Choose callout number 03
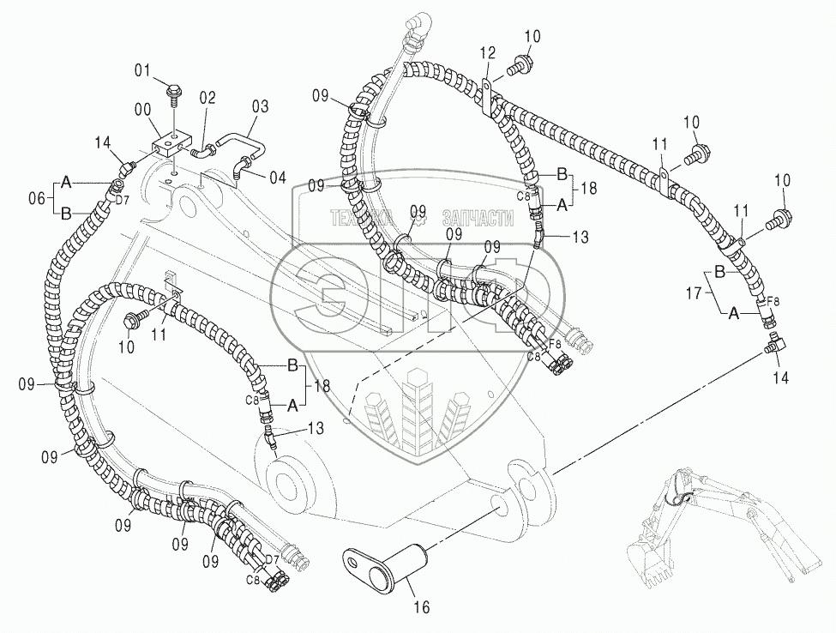260,106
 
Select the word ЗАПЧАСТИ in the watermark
477,220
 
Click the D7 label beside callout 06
123,200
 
